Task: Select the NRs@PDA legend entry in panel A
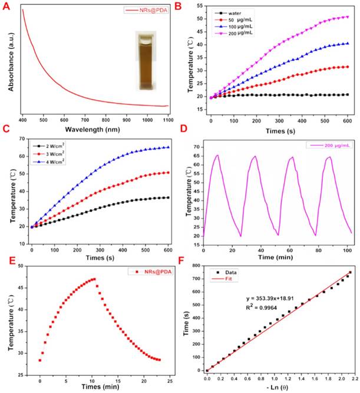pyautogui.click(x=148, y=10)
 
